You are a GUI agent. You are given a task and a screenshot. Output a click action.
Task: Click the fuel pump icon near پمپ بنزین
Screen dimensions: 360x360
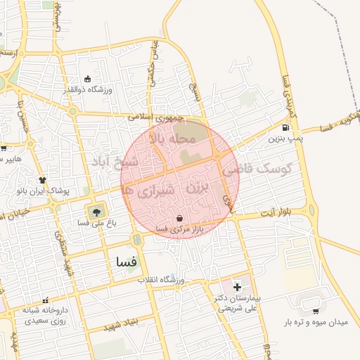[285, 128]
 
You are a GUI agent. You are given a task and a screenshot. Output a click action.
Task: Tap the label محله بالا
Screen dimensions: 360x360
[171, 139]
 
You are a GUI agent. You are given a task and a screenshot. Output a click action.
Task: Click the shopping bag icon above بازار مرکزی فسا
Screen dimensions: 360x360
[182, 218]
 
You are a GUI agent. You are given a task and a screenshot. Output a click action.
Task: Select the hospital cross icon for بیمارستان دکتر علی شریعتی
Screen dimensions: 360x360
[236, 287]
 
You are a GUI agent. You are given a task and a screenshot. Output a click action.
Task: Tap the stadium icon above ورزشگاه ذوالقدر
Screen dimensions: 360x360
[87, 79]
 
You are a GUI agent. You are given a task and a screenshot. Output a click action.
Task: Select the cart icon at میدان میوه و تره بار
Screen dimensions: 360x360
[315, 311]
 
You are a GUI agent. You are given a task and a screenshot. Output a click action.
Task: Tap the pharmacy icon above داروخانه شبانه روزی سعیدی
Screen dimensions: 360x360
[46, 300]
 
